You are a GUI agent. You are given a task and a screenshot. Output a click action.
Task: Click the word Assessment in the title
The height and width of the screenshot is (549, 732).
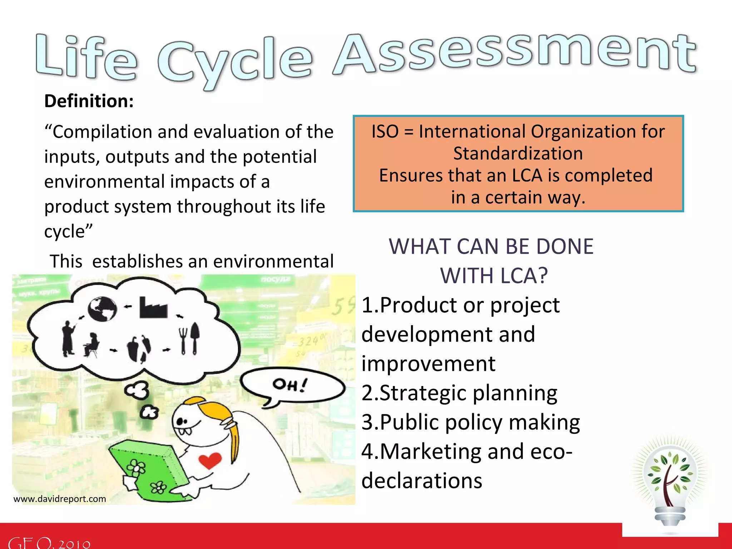tap(515, 54)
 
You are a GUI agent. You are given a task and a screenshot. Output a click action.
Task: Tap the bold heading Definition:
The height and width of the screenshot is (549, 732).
tap(89, 101)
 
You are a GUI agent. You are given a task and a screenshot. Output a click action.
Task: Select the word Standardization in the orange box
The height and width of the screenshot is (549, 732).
tap(518, 154)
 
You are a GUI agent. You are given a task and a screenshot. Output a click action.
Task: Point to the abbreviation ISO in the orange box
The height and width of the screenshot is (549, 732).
tap(385, 132)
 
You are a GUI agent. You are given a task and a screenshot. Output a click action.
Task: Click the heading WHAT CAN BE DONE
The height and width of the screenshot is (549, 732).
tap(491, 247)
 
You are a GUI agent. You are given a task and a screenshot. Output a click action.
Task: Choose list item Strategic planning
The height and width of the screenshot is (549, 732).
tap(459, 393)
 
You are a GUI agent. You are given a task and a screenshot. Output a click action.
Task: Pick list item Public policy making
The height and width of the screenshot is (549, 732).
tap(470, 422)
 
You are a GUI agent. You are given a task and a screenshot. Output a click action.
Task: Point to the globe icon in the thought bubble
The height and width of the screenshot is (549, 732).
tap(102, 309)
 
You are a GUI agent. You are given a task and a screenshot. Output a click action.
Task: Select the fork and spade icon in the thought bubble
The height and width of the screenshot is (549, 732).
tap(189, 338)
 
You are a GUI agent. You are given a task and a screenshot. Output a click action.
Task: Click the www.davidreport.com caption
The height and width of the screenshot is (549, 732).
tap(60, 499)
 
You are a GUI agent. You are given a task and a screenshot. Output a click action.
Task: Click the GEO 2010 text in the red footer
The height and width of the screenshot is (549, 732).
tap(49, 543)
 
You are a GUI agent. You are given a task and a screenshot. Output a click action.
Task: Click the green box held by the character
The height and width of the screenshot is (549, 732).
tap(150, 468)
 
